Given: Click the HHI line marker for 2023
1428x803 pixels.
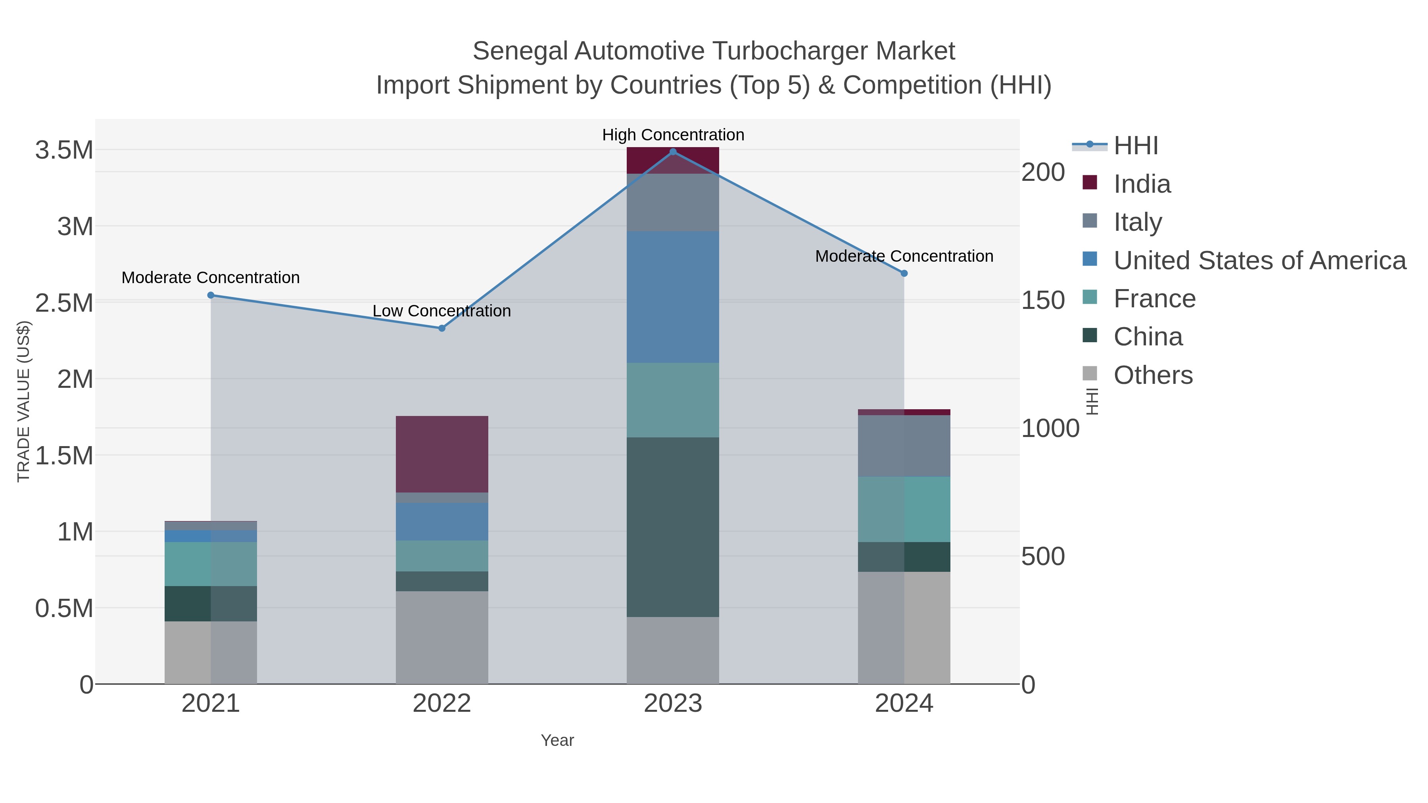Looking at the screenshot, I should tap(673, 152).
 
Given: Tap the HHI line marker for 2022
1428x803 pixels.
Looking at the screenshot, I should tap(442, 328).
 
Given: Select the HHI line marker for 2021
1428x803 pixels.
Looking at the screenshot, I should tap(211, 295).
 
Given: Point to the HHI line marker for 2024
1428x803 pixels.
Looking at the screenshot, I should tap(904, 273).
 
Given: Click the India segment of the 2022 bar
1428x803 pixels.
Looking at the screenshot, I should tap(442, 454).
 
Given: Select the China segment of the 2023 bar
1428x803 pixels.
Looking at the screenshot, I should tap(673, 527).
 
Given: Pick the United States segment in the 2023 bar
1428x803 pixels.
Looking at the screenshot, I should tap(673, 297).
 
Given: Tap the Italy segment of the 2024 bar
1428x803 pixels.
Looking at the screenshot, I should tap(904, 446).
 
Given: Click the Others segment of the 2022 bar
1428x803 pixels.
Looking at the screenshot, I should tap(442, 637).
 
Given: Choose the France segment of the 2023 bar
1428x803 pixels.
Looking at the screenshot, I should tap(673, 400).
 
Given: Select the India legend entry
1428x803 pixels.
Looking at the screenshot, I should tap(1142, 184).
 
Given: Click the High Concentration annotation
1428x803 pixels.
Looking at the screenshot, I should tap(673, 135).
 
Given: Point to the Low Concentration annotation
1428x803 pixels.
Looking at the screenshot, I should tap(442, 311).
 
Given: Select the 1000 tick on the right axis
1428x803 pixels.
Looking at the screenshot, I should tap(1050, 428).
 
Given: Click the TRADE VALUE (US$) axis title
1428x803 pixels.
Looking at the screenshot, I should tap(23, 401).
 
